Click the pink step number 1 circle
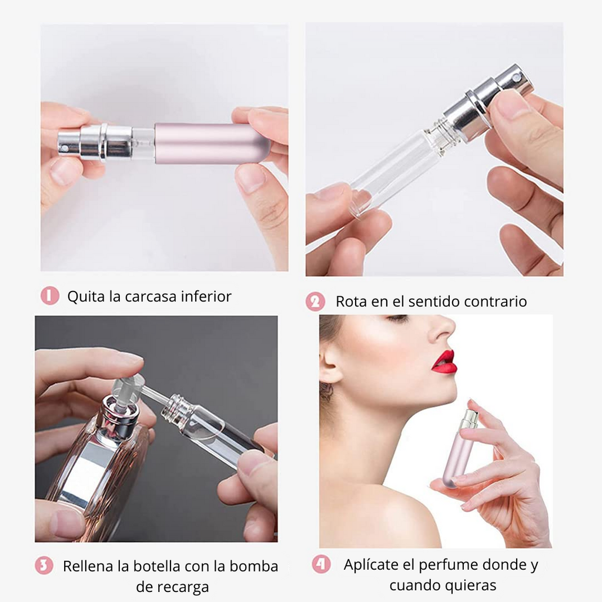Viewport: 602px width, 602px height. click(x=50, y=295)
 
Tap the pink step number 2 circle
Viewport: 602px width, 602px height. click(x=316, y=302)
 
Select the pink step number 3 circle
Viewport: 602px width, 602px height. click(x=44, y=566)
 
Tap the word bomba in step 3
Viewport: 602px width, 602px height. click(x=254, y=566)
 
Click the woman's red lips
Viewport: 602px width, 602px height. click(x=444, y=362)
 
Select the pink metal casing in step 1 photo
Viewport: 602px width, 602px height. click(x=212, y=143)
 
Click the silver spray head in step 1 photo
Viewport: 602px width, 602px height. click(x=94, y=142)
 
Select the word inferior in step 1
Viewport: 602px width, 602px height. click(x=206, y=296)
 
